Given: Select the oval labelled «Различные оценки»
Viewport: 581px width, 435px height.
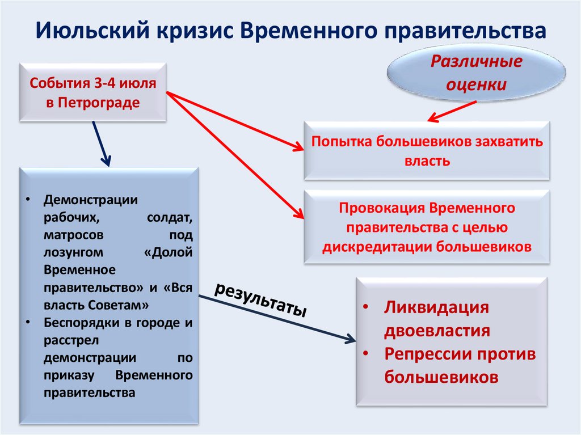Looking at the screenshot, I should (476, 74).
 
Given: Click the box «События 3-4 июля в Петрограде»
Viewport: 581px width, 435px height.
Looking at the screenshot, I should (93, 92).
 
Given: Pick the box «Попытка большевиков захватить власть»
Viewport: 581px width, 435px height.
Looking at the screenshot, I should (427, 151).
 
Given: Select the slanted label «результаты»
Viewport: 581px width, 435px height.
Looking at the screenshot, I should (261, 298).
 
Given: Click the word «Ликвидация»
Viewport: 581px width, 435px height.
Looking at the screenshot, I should (436, 308).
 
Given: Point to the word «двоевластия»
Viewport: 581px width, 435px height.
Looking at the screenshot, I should (437, 331).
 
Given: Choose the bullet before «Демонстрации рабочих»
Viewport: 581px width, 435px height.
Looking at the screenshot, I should (29, 201).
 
